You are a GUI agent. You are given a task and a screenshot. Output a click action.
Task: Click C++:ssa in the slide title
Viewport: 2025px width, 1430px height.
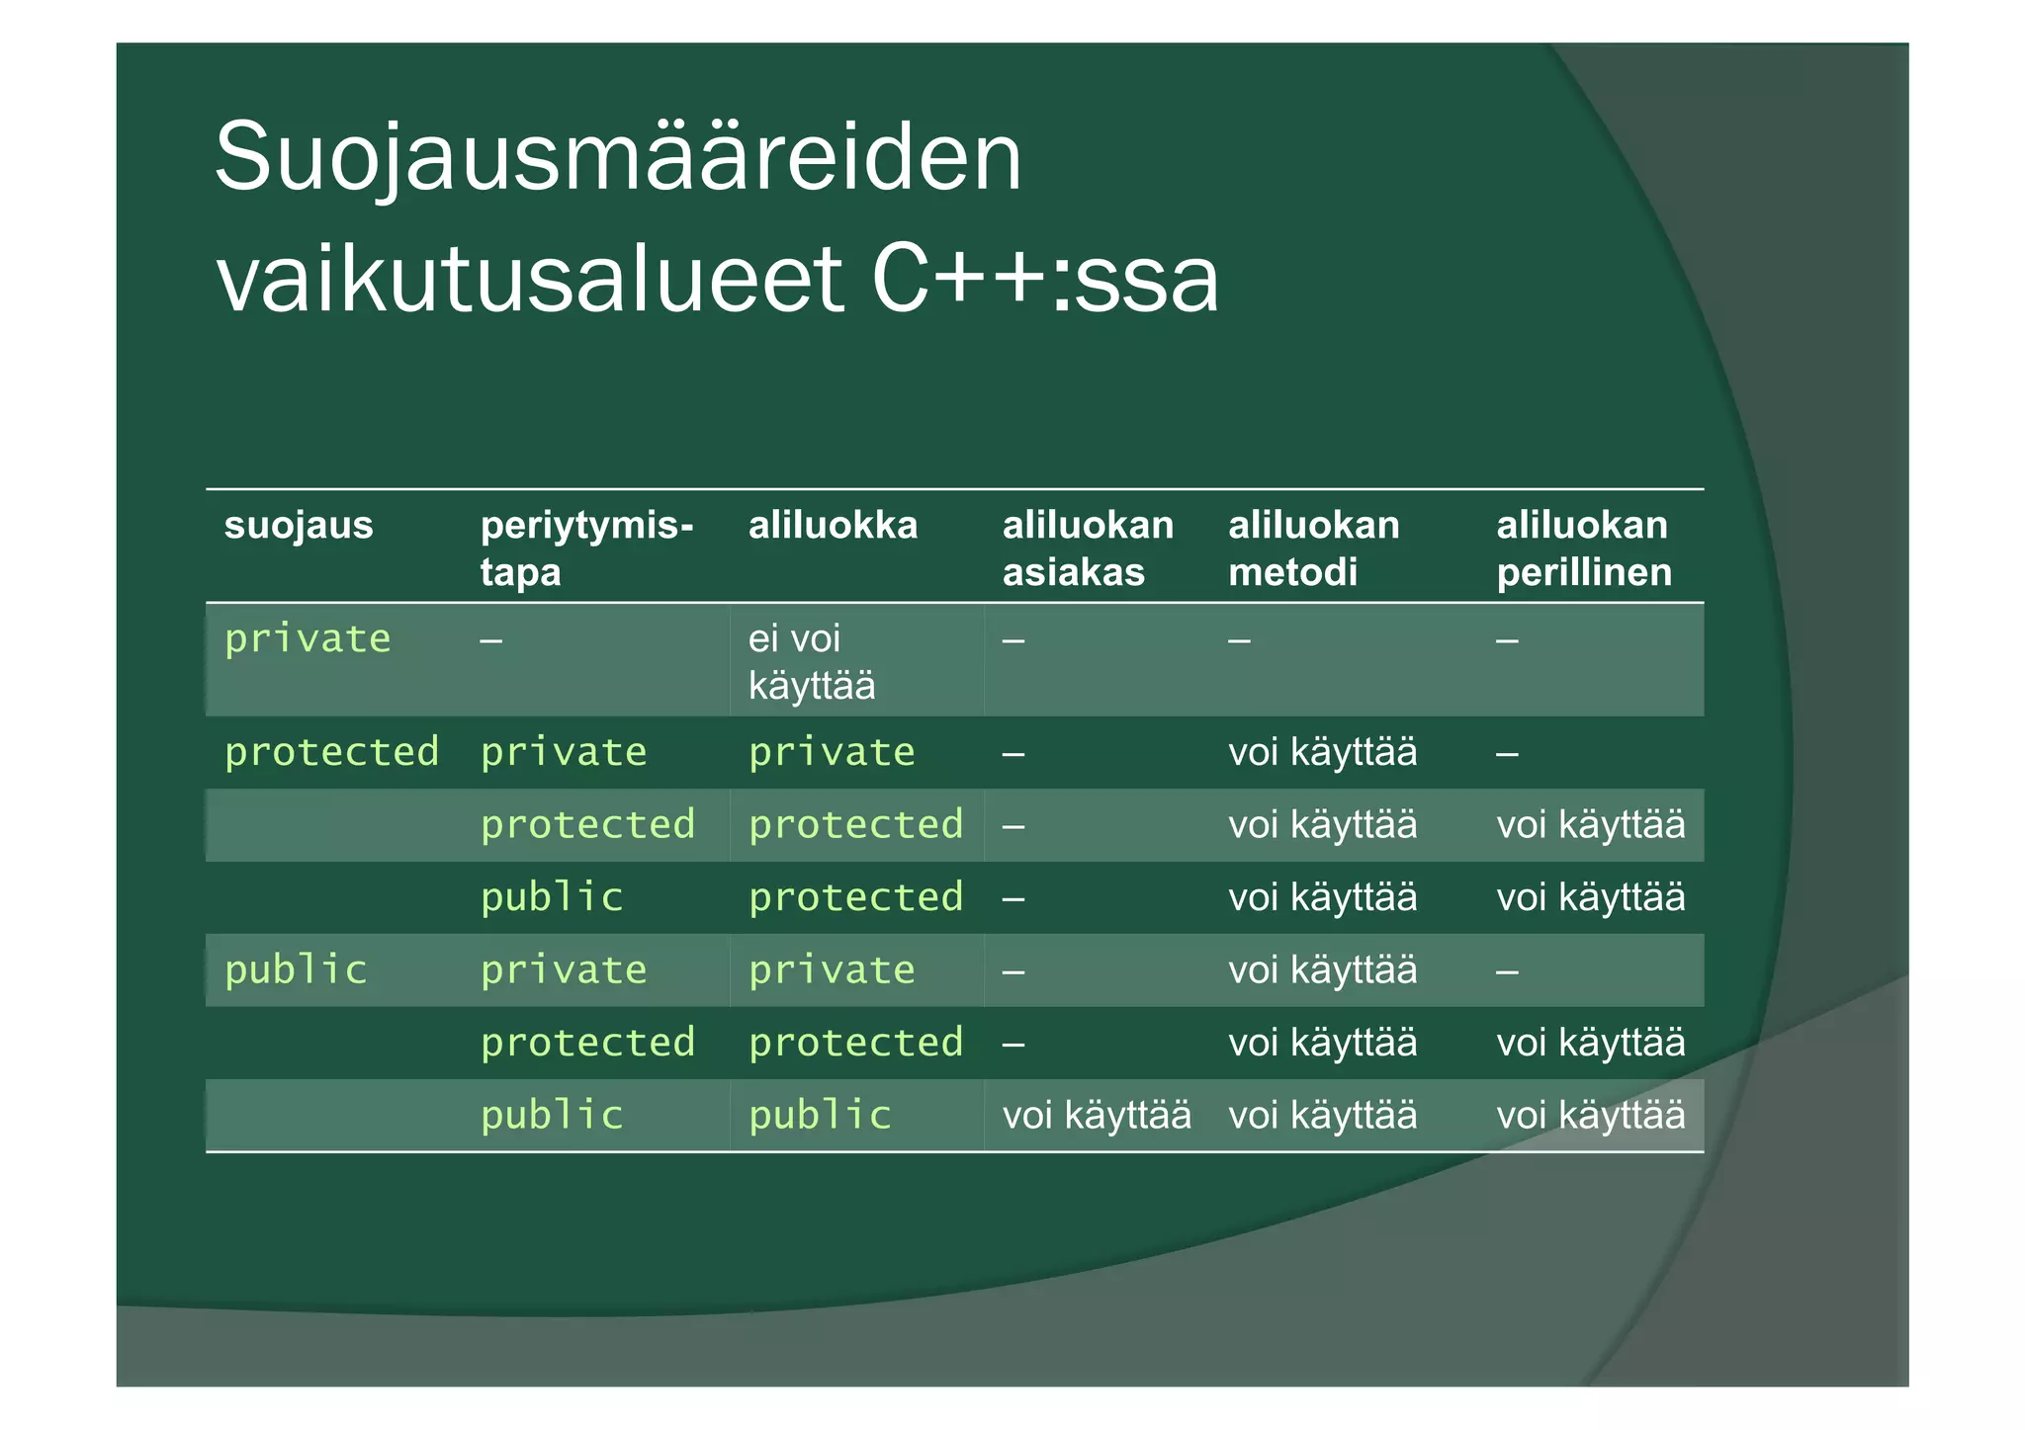[1045, 281]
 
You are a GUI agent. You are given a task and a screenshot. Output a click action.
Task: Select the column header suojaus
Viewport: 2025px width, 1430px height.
[299, 525]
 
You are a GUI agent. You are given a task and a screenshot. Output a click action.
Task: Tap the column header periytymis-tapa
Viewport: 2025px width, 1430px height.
[586, 547]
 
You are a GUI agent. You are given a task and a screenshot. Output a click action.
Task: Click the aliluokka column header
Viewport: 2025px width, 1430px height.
[833, 525]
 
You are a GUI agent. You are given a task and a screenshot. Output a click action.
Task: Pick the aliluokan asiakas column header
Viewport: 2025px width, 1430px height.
[1088, 547]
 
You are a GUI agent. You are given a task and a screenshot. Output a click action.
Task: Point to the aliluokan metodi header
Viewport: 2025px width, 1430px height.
[1313, 547]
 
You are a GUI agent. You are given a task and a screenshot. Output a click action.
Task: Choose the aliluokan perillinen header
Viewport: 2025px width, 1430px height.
[1583, 547]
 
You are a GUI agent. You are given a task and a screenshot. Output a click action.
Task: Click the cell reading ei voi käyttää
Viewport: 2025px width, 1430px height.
[811, 661]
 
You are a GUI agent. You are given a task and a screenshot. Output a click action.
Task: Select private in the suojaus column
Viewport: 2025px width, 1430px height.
[308, 638]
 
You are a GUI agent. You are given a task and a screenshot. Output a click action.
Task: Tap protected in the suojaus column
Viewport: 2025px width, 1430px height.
[331, 752]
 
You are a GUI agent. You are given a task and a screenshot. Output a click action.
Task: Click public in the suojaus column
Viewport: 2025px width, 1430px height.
[296, 969]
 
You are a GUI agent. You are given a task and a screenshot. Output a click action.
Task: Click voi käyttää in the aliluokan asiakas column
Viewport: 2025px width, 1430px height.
[1097, 1115]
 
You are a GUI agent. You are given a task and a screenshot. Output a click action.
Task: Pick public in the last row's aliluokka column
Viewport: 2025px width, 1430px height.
[820, 1115]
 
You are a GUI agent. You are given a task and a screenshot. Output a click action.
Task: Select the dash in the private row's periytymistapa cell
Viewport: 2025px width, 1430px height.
[491, 640]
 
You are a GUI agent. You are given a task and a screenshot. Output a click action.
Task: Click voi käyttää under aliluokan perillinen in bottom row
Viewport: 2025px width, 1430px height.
[1590, 1115]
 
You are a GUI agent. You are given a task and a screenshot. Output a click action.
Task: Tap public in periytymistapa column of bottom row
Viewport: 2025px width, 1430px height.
[552, 1115]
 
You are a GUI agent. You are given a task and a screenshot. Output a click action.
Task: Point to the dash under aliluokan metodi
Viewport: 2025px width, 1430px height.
[1239, 640]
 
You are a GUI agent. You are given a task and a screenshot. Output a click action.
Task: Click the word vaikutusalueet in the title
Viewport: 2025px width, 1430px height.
[530, 281]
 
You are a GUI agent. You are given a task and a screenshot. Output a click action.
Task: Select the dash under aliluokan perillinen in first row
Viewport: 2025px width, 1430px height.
[1507, 640]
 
